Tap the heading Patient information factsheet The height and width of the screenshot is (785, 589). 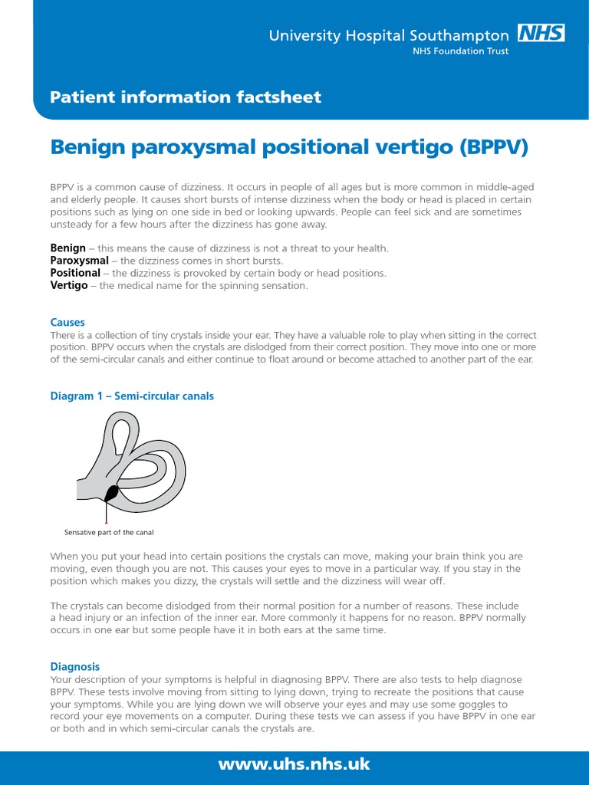[x=186, y=97]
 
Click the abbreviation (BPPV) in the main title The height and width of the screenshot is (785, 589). [x=494, y=146]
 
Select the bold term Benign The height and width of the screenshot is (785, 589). [x=67, y=248]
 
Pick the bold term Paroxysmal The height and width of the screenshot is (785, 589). [x=79, y=261]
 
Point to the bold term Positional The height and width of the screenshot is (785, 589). [x=75, y=273]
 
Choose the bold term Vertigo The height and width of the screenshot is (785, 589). [x=69, y=285]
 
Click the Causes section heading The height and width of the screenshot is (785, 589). [x=67, y=323]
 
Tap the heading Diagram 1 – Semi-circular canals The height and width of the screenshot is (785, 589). [x=132, y=396]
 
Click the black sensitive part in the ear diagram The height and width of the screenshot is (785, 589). [x=112, y=493]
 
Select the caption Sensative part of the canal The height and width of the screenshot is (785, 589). [x=110, y=532]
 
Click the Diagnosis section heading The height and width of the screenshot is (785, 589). [x=74, y=667]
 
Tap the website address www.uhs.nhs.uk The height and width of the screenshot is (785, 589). [x=294, y=764]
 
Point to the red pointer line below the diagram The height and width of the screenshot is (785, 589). [x=106, y=511]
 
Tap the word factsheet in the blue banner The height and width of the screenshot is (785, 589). [x=279, y=97]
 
